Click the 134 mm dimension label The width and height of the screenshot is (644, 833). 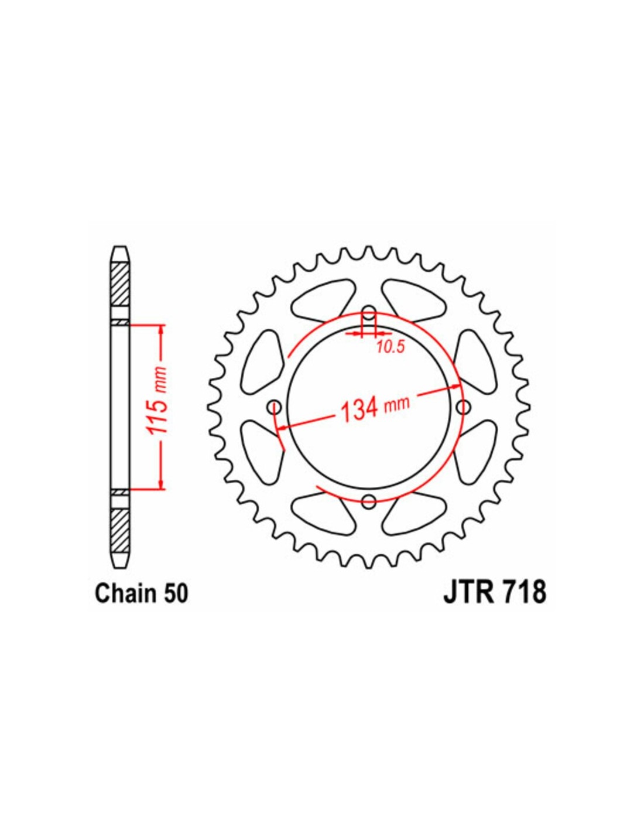pyautogui.click(x=374, y=408)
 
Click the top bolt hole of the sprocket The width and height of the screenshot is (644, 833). pyautogui.click(x=369, y=311)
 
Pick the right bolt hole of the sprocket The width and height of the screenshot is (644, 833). pyautogui.click(x=463, y=405)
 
